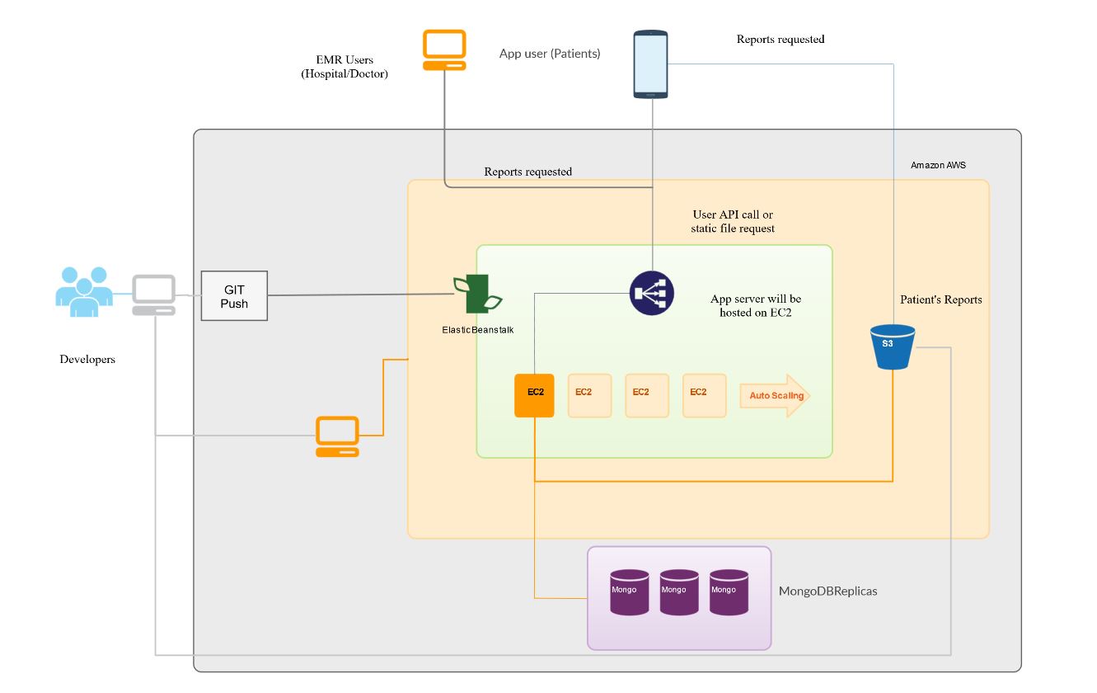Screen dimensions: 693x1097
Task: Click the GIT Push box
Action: click(x=235, y=296)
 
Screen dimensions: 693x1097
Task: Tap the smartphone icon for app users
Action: click(x=650, y=64)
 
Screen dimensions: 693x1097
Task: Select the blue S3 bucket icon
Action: click(x=893, y=346)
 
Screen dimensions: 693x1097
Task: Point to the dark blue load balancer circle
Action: click(x=652, y=293)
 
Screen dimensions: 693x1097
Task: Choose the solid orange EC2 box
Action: click(x=535, y=395)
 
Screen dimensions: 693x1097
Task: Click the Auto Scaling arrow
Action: click(x=775, y=396)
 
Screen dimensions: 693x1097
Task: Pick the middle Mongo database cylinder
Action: click(x=679, y=592)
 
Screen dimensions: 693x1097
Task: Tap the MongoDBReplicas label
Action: click(x=827, y=592)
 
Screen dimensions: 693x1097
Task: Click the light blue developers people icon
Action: click(x=83, y=291)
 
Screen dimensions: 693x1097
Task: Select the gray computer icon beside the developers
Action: click(x=154, y=295)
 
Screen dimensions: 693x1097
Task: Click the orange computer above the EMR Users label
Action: click(x=444, y=50)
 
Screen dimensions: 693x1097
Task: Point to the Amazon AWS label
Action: click(x=938, y=166)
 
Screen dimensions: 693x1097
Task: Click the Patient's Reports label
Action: click(x=940, y=299)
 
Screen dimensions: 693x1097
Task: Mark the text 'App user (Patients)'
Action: click(x=550, y=54)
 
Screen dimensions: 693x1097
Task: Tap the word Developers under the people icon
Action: click(x=87, y=360)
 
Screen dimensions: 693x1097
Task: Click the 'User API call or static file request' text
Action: click(x=733, y=221)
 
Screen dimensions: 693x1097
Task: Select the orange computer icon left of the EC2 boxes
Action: click(x=338, y=436)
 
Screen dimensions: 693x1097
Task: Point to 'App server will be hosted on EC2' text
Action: click(x=755, y=305)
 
